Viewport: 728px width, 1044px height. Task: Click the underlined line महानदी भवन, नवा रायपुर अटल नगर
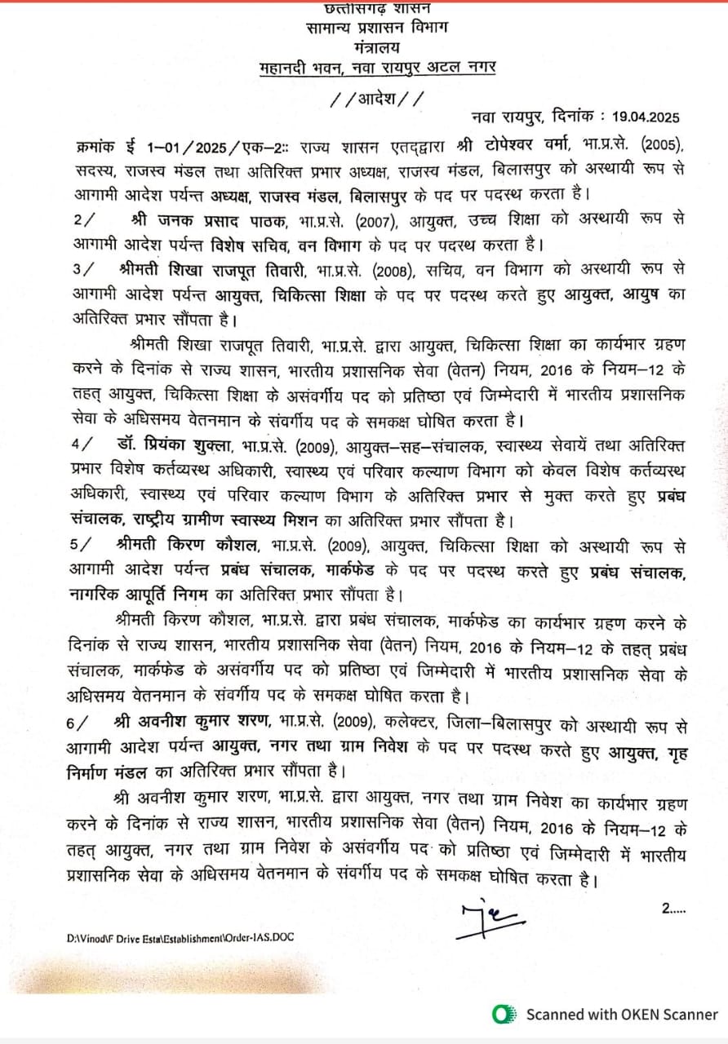(377, 67)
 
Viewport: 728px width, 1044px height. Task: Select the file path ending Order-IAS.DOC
(180, 938)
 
